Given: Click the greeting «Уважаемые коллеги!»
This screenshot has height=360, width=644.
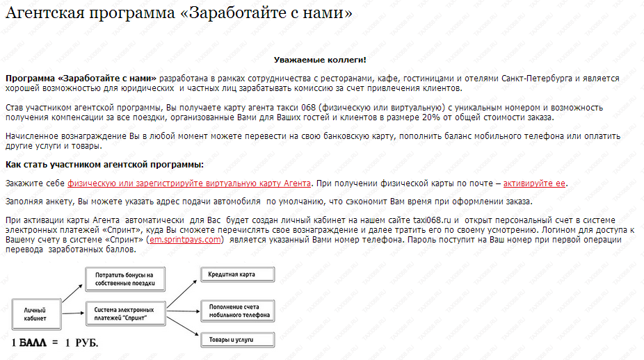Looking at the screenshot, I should pyautogui.click(x=320, y=60).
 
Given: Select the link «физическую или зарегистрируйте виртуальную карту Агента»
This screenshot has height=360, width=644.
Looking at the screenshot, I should pyautogui.click(x=188, y=183).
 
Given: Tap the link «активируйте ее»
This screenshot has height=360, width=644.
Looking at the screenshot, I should pyautogui.click(x=534, y=183).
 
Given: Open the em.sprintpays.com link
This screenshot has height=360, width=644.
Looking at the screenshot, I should pyautogui.click(x=185, y=240).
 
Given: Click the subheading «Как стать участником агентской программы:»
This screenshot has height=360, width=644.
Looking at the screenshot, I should pyautogui.click(x=104, y=164).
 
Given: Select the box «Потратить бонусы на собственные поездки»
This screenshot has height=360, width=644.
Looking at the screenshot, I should pyautogui.click(x=124, y=279).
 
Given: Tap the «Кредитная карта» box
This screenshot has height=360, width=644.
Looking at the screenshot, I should pyautogui.click(x=236, y=275).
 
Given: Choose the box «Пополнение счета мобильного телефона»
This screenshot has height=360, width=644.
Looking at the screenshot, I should pyautogui.click(x=236, y=310).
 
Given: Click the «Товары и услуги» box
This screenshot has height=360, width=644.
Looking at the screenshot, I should pyautogui.click(x=236, y=341).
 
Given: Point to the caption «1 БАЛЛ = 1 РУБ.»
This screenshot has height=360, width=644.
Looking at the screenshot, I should pyautogui.click(x=55, y=343).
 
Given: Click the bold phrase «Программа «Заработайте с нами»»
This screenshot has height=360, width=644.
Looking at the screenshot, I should pyautogui.click(x=81, y=79).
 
